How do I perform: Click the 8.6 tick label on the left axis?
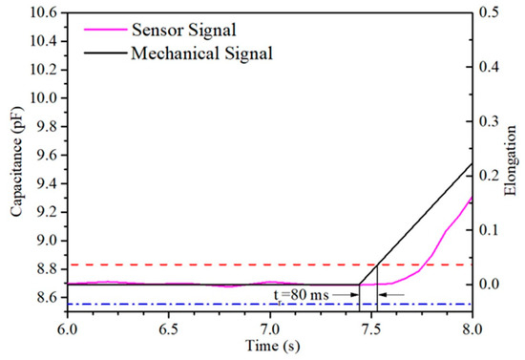pyautogui.click(x=46, y=299)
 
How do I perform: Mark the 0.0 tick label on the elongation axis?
pyautogui.click(x=488, y=285)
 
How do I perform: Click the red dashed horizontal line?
pyautogui.click(x=191, y=265)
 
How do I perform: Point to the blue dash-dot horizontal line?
pyautogui.click(x=191, y=305)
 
